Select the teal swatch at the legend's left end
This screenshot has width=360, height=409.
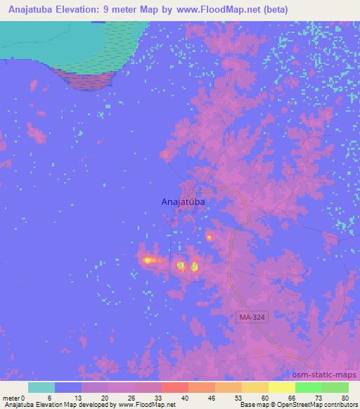pos(41,387)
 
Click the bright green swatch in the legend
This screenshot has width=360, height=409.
pos(308,387)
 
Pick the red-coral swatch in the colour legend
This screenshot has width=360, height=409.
pos(175,387)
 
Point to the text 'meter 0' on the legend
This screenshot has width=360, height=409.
pos(14,398)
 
